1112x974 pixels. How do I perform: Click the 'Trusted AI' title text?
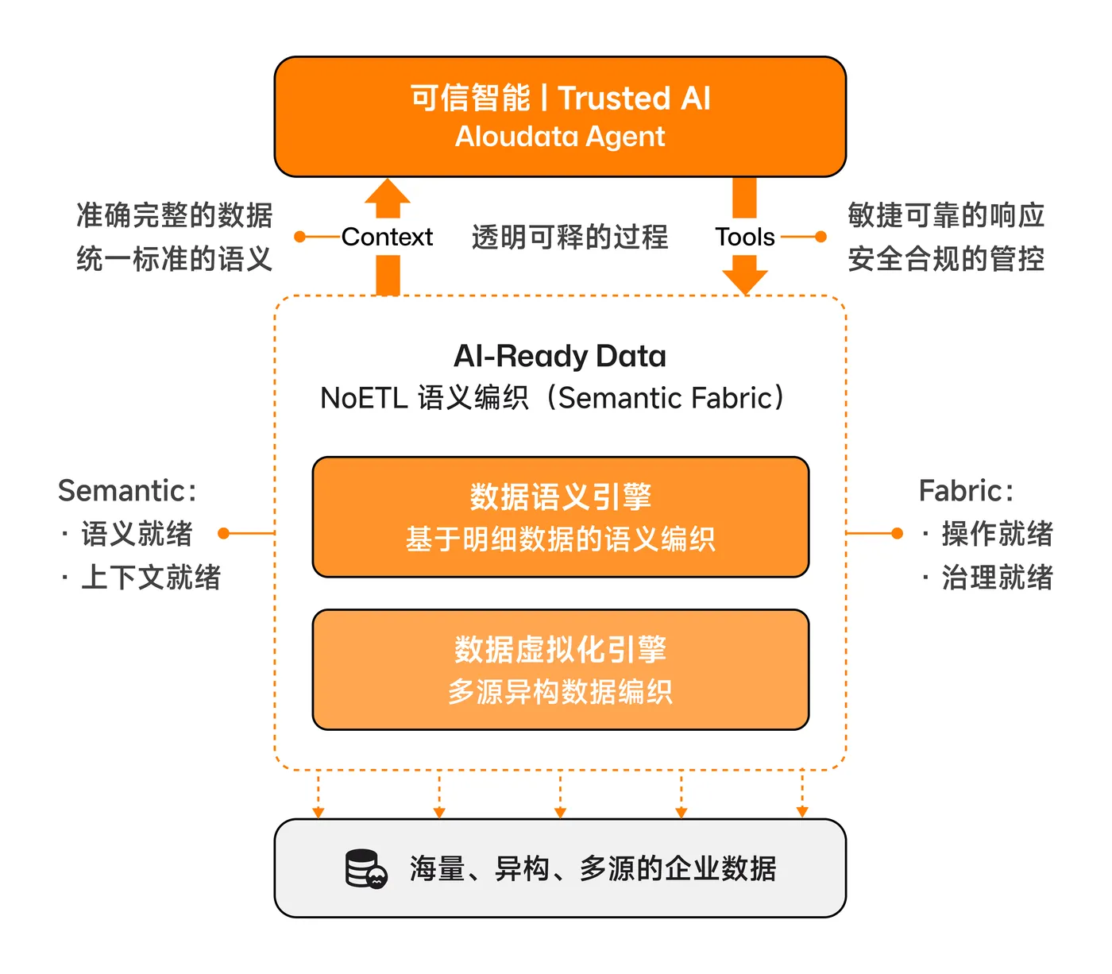634,99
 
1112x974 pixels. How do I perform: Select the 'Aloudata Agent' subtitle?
560,137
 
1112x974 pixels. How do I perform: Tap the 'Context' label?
387,237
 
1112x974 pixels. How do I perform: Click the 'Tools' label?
744,237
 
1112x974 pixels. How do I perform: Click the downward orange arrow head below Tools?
745,280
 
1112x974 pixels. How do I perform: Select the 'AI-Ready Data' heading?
560,356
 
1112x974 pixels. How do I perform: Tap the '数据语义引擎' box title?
560,497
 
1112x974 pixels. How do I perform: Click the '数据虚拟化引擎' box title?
560,650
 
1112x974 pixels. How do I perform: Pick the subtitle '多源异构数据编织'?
560,692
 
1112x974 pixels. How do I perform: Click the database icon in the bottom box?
365,869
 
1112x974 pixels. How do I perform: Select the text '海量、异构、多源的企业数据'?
593,869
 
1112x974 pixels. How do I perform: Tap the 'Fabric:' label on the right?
966,491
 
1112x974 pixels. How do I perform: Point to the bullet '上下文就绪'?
151,578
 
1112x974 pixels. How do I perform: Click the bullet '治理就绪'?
997,578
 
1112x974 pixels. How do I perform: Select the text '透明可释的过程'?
570,237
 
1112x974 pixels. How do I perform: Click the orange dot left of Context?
299,237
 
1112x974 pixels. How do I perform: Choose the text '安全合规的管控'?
945,259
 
